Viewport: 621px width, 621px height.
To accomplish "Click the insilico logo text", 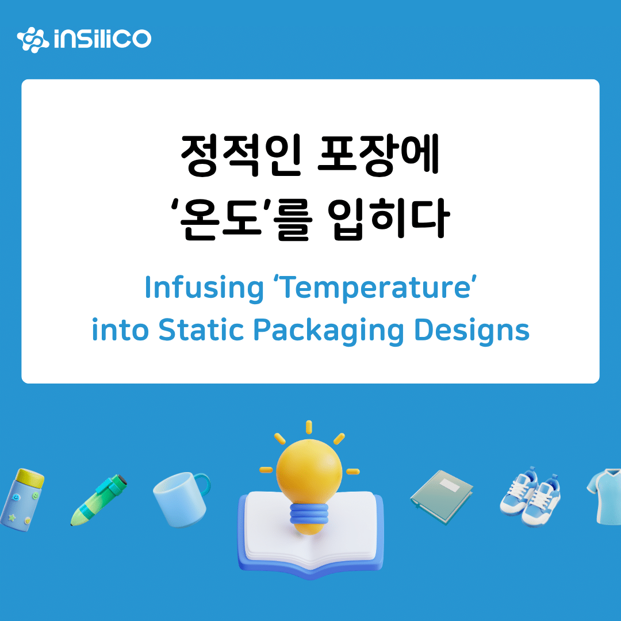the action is [x=102, y=39].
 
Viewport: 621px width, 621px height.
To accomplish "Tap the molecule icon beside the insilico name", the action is [x=33, y=40].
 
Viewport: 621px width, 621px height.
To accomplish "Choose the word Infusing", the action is [x=204, y=288].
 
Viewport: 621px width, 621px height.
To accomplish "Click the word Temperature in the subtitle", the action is [x=377, y=288].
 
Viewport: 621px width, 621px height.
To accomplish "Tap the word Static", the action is [x=201, y=329].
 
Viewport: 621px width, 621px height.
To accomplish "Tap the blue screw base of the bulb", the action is [x=309, y=515].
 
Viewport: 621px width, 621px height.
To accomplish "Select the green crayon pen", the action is [x=99, y=500].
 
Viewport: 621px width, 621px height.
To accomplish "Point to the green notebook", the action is [x=442, y=497].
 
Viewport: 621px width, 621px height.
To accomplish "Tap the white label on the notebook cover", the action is [x=450, y=485].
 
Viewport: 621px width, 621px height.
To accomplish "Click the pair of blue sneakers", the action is [x=531, y=497].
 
